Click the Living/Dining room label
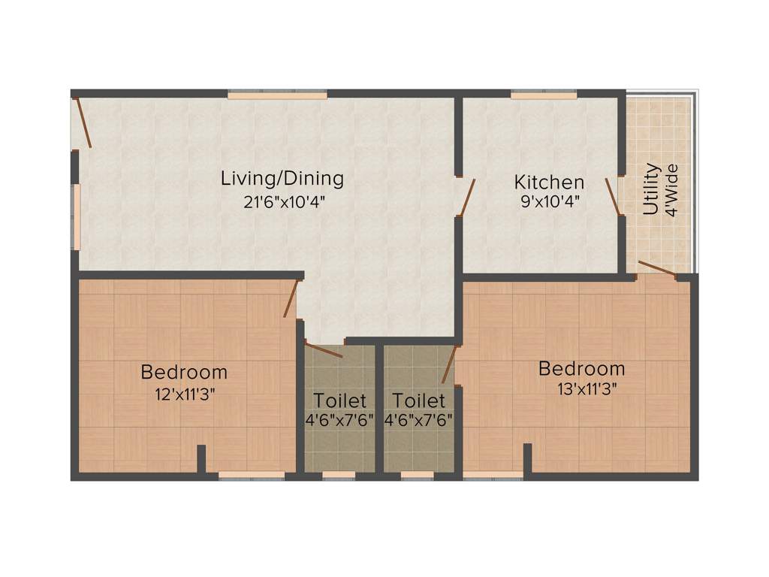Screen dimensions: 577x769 coord(282,179)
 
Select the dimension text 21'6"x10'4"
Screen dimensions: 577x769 coord(283,201)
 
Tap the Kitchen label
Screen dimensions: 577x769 coord(549,182)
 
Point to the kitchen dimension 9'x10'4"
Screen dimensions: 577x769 coord(549,201)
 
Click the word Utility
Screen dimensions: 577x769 coord(651,189)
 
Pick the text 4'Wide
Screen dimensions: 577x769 coord(672,190)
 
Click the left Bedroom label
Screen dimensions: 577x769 coord(184,372)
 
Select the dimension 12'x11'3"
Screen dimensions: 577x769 coord(185,394)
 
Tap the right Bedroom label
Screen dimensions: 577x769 coord(582,369)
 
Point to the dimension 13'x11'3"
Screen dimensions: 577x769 coord(583,390)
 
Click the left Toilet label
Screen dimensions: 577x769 coord(340,400)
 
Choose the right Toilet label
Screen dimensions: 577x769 coord(418,400)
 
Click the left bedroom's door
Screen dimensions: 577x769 coord(291,298)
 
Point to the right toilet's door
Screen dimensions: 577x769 coord(449,365)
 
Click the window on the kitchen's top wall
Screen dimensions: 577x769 coord(544,94)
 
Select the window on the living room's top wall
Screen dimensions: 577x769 coord(277,94)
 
